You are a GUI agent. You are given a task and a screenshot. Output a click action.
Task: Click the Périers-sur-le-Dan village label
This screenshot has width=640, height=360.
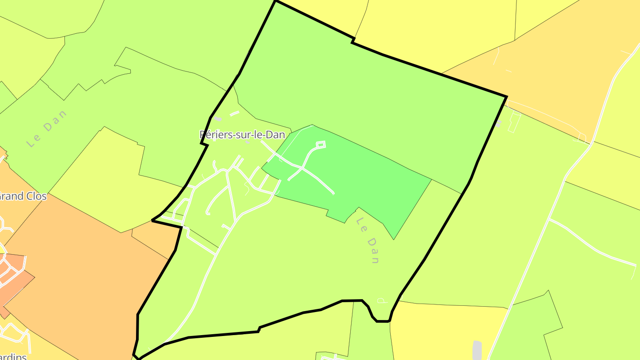click(x=242, y=135)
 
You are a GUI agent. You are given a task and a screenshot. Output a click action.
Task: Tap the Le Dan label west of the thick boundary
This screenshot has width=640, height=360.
click(x=47, y=128)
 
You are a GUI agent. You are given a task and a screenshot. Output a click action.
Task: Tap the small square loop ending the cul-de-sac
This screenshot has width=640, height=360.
click(x=320, y=144)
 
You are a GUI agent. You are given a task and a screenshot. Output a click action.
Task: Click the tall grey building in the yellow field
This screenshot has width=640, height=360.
click(x=477, y=350)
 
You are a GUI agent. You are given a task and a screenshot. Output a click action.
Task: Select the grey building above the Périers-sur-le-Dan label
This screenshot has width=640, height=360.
click(x=218, y=119)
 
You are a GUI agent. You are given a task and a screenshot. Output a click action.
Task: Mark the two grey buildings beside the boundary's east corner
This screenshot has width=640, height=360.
click(x=498, y=123)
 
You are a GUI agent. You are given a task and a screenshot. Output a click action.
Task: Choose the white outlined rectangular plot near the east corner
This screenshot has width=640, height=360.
click(x=514, y=123)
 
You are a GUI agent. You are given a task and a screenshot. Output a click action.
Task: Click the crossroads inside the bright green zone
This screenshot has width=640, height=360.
click(x=302, y=168)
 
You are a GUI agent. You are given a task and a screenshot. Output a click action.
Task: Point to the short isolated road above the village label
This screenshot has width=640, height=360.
click(x=234, y=113)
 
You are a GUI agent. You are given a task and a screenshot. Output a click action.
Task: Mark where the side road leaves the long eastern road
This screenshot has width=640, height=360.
click(x=550, y=220)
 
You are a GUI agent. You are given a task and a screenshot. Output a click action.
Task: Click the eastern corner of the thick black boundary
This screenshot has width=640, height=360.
click(x=506, y=96)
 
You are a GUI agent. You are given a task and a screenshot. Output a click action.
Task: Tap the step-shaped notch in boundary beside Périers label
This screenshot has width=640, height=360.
click(x=204, y=143)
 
